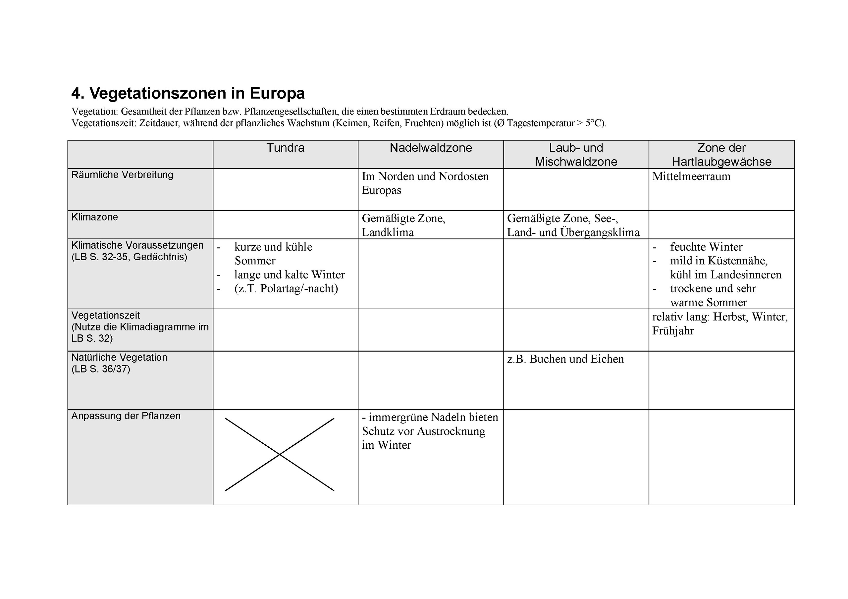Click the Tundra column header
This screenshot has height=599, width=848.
(285, 148)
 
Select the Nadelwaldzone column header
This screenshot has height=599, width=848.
(431, 148)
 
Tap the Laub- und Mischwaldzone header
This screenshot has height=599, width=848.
(576, 155)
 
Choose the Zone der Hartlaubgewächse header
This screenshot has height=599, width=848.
(721, 155)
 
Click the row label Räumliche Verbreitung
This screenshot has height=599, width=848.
(122, 175)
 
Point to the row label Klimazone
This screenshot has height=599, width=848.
(94, 217)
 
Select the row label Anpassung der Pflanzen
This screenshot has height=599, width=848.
(126, 416)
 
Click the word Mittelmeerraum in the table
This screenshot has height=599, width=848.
(691, 176)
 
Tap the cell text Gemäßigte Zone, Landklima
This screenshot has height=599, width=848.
(403, 225)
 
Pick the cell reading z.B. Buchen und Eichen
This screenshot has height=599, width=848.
(565, 359)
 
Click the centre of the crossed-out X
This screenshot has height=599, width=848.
(280, 454)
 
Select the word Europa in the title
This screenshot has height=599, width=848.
(277, 93)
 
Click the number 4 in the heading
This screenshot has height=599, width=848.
(76, 93)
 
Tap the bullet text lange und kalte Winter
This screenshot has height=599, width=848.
(289, 275)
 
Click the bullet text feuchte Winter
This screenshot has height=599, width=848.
(706, 247)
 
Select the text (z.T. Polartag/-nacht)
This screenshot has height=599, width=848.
(286, 288)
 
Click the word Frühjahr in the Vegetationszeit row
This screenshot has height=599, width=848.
(672, 330)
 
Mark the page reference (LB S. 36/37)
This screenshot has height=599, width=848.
(101, 369)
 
